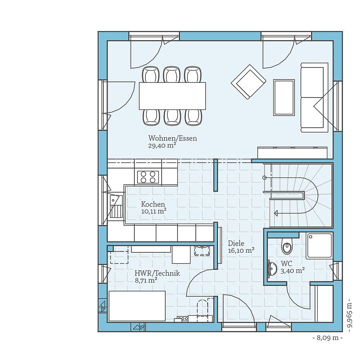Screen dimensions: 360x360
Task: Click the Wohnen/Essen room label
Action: (172, 138)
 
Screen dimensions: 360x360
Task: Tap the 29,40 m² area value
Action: (162, 145)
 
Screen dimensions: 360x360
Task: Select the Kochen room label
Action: (153, 204)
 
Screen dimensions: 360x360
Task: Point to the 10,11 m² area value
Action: (153, 211)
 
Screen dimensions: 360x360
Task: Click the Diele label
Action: (236, 243)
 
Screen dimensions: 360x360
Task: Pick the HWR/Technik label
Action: (157, 274)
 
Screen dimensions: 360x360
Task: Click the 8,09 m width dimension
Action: (327, 338)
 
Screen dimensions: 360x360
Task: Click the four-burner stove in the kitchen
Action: (148, 177)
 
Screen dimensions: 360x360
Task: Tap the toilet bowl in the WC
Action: (287, 247)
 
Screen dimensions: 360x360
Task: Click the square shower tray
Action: (319, 246)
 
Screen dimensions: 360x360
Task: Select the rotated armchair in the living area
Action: (248, 81)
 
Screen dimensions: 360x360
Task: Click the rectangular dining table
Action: (172, 96)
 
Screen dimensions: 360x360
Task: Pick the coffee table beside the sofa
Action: (284, 97)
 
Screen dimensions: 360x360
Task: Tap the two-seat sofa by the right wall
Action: (314, 96)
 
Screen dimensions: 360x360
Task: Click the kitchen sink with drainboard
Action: (116, 207)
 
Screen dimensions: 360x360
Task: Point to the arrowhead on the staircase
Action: (276, 213)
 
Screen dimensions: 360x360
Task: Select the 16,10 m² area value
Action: (241, 251)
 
